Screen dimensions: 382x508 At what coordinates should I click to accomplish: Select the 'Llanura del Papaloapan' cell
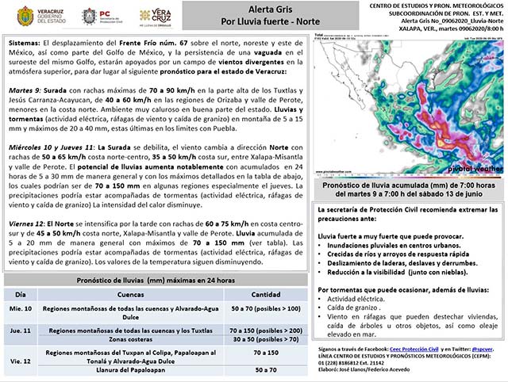137,370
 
